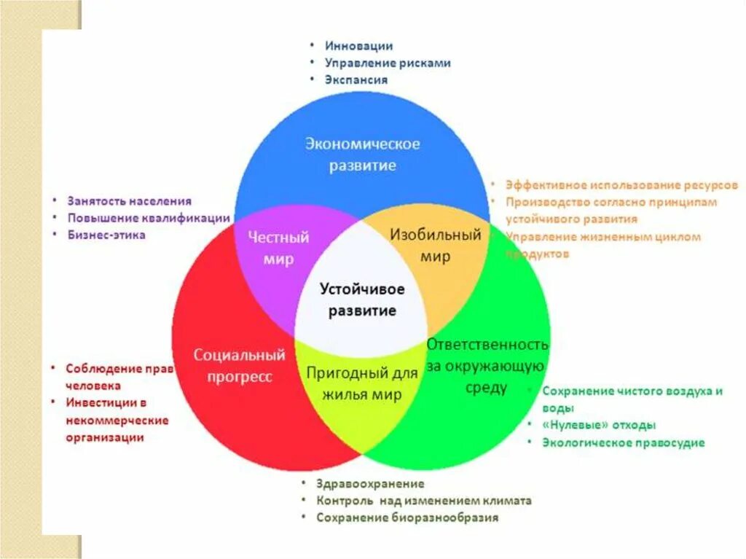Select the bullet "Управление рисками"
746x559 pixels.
[x=388, y=63]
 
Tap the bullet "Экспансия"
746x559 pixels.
[x=356, y=79]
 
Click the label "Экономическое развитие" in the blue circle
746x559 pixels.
[x=362, y=154]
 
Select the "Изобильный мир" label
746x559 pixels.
[x=436, y=246]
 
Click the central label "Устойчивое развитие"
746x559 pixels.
[x=362, y=300]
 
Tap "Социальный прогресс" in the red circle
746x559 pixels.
[x=239, y=366]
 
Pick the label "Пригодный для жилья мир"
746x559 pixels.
[x=362, y=383]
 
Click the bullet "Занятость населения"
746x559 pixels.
[x=130, y=200]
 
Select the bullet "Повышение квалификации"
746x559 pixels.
[x=149, y=218]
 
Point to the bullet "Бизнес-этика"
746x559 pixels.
[x=106, y=235]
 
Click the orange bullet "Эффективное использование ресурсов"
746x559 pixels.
[x=621, y=185]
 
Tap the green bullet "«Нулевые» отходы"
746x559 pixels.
[x=599, y=425]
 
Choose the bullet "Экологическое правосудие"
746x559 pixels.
[x=623, y=442]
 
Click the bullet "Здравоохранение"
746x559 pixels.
[x=370, y=483]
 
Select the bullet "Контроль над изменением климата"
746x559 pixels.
[x=424, y=501]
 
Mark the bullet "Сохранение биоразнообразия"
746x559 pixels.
[x=407, y=517]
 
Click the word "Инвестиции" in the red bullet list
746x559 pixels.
[x=101, y=402]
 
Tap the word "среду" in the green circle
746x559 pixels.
[x=486, y=388]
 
